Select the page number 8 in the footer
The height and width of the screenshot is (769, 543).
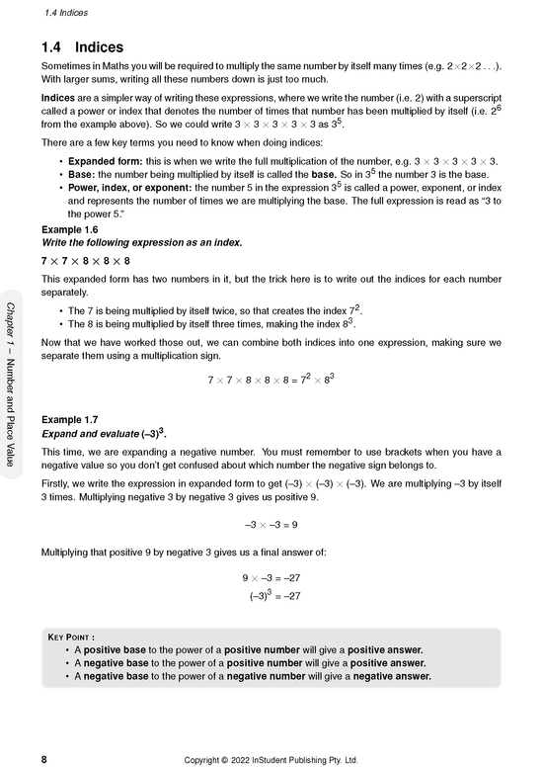tap(44, 759)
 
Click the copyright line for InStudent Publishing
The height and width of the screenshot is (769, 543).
tap(271, 759)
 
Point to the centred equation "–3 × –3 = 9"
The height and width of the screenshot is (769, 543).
tap(271, 525)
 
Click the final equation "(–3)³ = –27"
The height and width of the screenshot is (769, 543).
tap(274, 595)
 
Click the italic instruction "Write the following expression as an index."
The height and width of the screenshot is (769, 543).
tap(140, 242)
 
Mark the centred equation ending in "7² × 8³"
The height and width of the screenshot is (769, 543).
tap(271, 379)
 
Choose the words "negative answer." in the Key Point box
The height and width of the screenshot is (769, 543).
tap(392, 677)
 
